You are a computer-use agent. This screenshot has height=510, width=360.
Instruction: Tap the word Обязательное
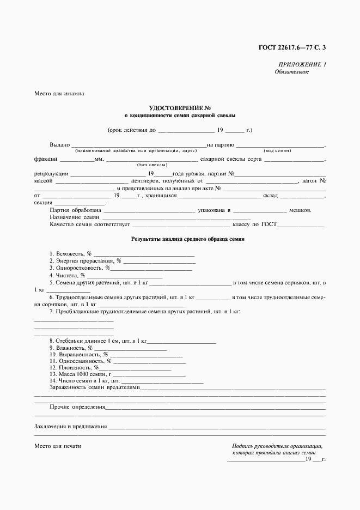click(292, 72)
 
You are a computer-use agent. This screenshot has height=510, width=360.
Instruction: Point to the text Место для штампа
click(59, 94)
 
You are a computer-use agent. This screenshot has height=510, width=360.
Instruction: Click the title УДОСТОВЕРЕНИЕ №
click(180, 108)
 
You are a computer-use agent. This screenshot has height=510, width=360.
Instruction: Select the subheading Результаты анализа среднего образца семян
click(188, 239)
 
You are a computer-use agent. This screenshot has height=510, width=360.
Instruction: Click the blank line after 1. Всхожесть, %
click(144, 254)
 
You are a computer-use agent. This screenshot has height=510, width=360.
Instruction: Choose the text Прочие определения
click(77, 407)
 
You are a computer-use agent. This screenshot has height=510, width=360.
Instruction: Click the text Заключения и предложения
click(70, 427)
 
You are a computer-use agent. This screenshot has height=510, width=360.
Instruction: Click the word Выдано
click(60, 145)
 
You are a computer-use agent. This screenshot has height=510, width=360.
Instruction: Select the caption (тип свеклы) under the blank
click(152, 165)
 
